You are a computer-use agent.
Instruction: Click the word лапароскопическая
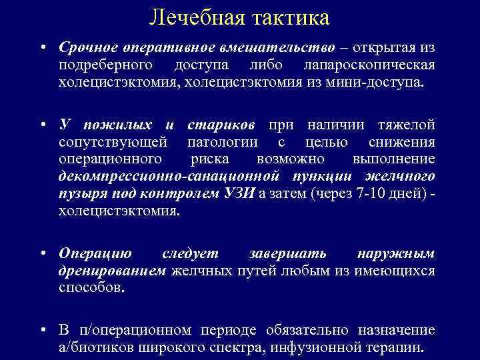click(x=369, y=66)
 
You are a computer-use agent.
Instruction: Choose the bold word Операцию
click(x=95, y=254)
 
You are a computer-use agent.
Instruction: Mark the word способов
click(x=91, y=288)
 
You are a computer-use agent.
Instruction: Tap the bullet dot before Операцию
click(x=42, y=255)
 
